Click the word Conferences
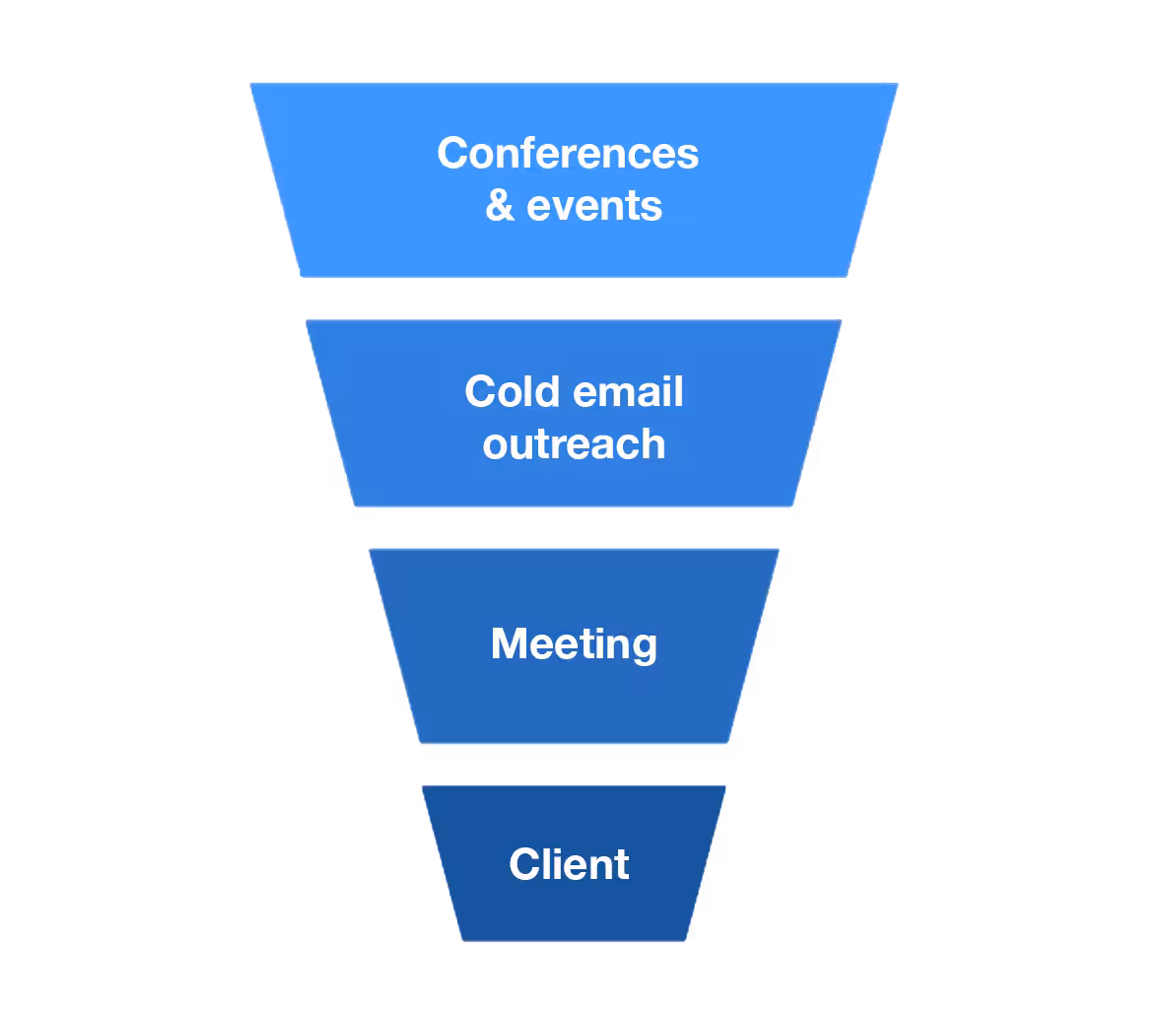tap(568, 154)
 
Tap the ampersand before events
tap(500, 206)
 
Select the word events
tap(594, 206)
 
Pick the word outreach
tap(574, 444)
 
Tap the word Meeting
tap(574, 644)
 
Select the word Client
tap(569, 864)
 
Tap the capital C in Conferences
tap(453, 154)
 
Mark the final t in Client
tap(622, 864)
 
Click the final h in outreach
tap(653, 443)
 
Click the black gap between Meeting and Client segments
tap(574, 765)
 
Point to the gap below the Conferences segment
tap(574, 299)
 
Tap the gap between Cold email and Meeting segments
tap(574, 528)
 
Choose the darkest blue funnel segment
tap(574, 911)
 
